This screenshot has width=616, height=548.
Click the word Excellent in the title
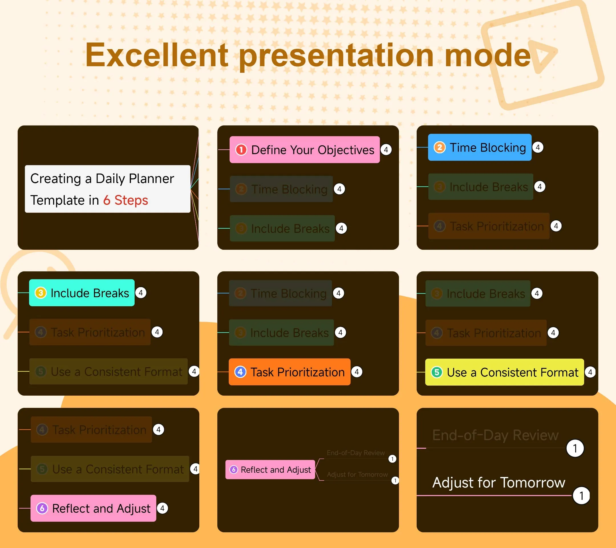tap(157, 55)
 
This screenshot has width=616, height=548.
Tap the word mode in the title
tap(487, 55)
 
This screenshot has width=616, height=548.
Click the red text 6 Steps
tap(125, 200)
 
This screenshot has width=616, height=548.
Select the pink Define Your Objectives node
tap(304, 150)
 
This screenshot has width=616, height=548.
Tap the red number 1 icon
tap(241, 150)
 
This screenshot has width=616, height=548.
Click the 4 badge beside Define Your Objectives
tap(386, 150)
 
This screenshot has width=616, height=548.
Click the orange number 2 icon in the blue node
tap(439, 147)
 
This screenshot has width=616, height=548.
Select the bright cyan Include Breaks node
tap(82, 293)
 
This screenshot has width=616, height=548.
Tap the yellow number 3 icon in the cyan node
tap(41, 293)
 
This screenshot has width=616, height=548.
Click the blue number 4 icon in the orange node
tap(240, 372)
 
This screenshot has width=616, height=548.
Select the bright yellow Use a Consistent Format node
tap(504, 372)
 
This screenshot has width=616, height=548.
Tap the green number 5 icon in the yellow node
tap(437, 372)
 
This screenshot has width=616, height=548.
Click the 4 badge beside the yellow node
tap(590, 372)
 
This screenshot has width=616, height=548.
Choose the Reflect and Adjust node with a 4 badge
tap(93, 508)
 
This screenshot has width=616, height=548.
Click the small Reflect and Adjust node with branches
tap(270, 470)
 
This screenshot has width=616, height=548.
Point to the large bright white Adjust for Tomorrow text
tap(499, 483)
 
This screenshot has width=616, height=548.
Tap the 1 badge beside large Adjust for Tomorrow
tap(581, 495)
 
